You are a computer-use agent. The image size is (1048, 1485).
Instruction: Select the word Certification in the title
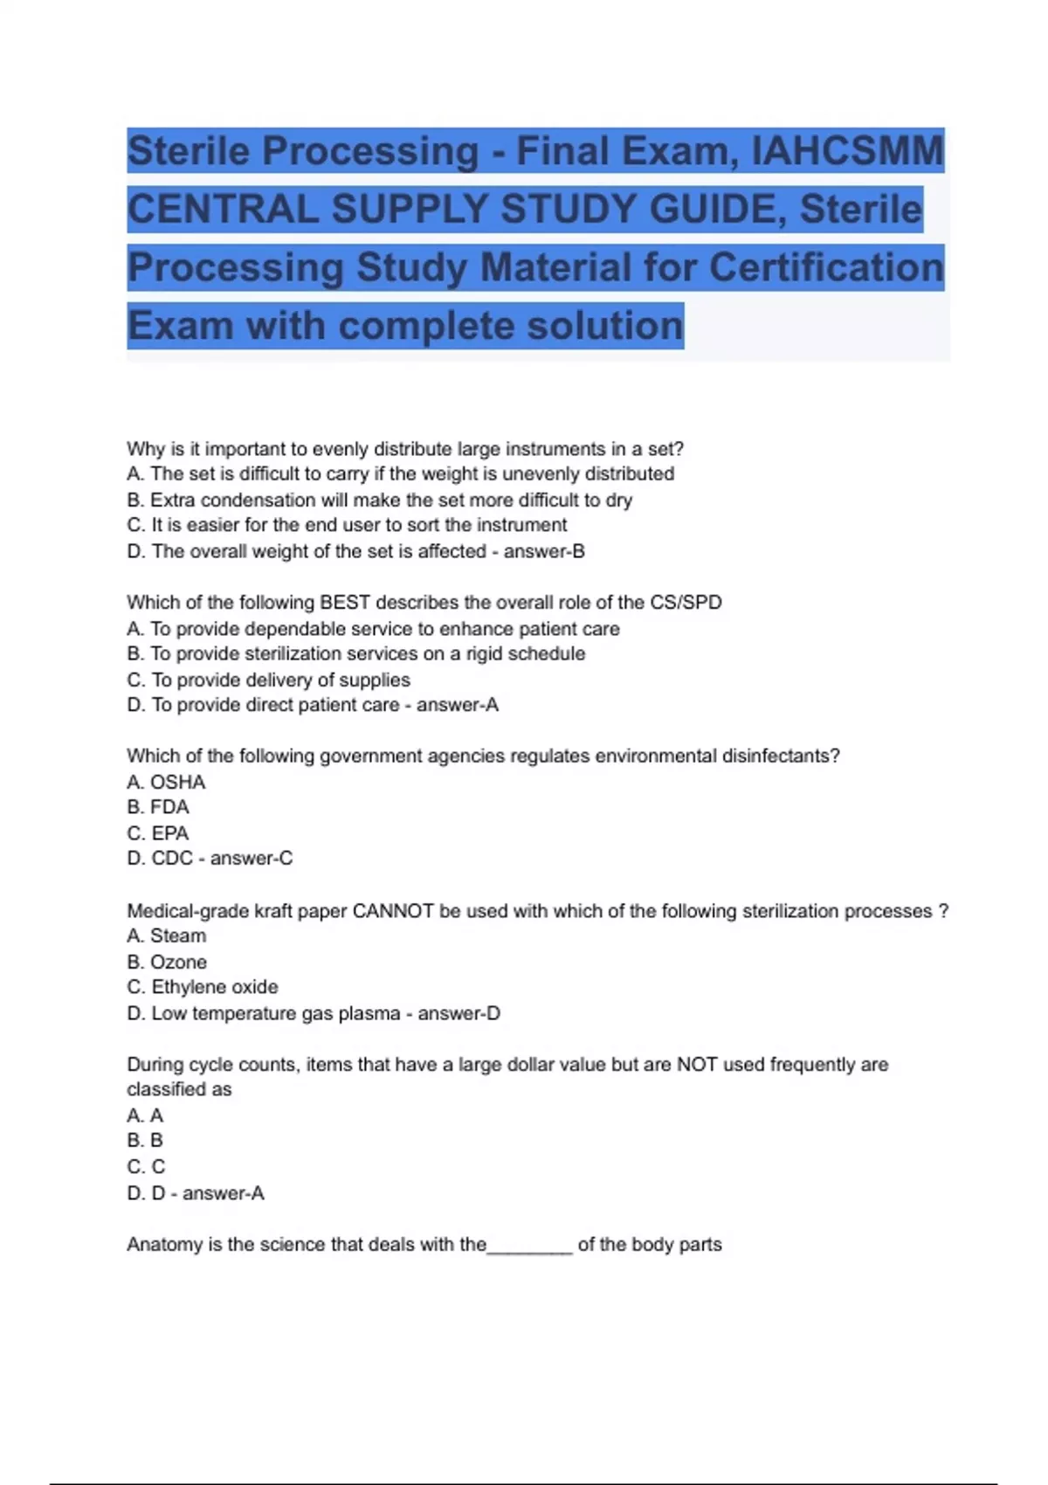point(825,267)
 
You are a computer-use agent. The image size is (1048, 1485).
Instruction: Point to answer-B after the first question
point(544,551)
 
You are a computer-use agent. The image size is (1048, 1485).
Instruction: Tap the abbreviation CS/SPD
point(686,603)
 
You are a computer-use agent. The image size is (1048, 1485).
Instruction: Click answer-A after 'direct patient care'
point(457,705)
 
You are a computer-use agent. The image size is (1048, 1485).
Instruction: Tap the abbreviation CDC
point(172,859)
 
